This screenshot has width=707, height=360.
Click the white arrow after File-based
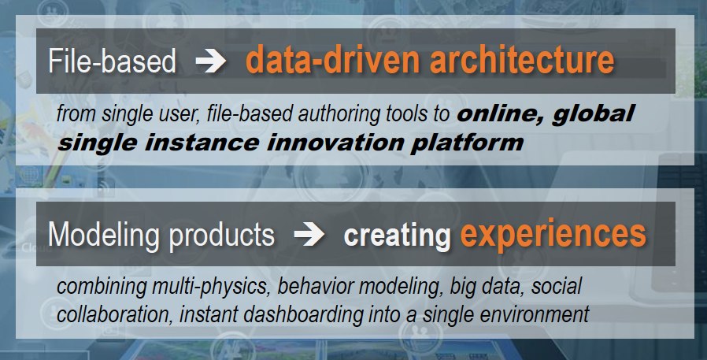[x=210, y=61]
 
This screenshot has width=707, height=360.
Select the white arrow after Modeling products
[x=309, y=235]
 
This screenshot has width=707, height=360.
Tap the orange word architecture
[x=522, y=60]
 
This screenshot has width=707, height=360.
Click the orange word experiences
[x=553, y=234]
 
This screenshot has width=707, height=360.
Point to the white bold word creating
[x=398, y=236]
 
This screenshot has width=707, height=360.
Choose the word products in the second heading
[x=222, y=235]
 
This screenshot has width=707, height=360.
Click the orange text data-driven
[x=333, y=60]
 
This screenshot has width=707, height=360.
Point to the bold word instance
[x=202, y=143]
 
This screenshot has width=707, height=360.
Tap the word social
[x=557, y=287]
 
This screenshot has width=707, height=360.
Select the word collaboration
[x=114, y=315]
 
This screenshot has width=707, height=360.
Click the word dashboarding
[x=303, y=315]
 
